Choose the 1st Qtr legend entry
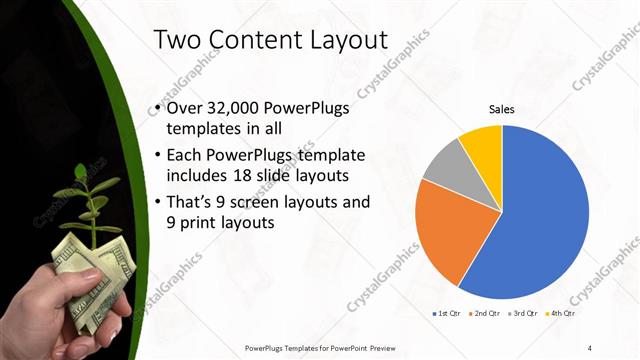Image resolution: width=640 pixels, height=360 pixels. [x=445, y=313]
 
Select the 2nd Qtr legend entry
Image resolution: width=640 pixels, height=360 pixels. [x=483, y=313]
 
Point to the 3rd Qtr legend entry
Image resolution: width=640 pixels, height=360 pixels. [x=521, y=313]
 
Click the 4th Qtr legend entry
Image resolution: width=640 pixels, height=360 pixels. [x=559, y=313]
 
